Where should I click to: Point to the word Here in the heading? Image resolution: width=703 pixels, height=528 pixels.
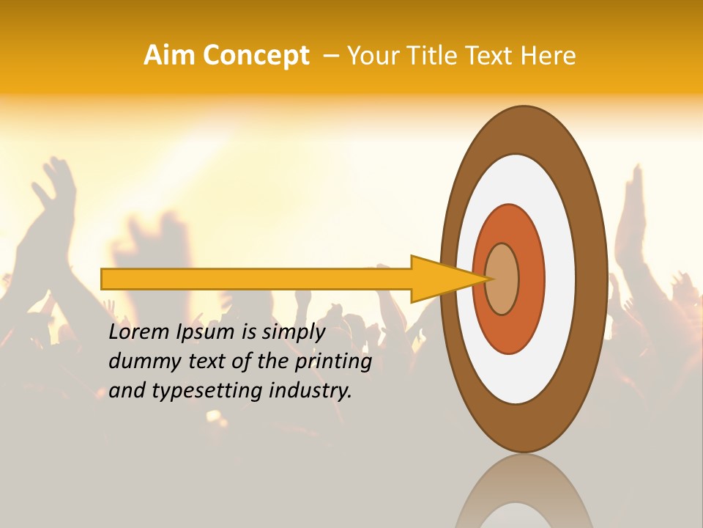[548, 56]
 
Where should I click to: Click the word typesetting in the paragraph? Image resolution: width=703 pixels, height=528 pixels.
[208, 392]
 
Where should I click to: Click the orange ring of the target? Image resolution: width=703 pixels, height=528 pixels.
[531, 279]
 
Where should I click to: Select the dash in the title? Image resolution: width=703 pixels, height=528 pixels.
[330, 56]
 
